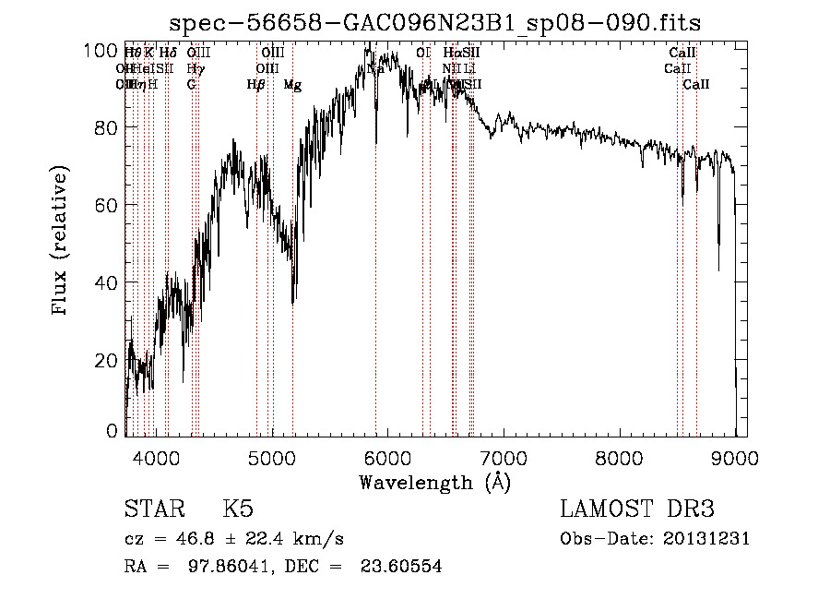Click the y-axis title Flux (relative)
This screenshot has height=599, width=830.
pyautogui.click(x=62, y=242)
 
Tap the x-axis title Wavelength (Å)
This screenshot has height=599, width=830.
pyautogui.click(x=434, y=482)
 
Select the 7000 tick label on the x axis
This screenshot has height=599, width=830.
pyautogui.click(x=503, y=456)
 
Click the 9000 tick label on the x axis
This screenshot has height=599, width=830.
pyautogui.click(x=735, y=456)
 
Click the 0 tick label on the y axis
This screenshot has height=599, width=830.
pyautogui.click(x=115, y=431)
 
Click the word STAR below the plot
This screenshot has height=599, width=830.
pyautogui.click(x=154, y=509)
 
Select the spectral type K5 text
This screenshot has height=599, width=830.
pyautogui.click(x=237, y=509)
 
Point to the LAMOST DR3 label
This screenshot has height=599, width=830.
pyautogui.click(x=636, y=509)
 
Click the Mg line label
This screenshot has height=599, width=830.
pyautogui.click(x=292, y=85)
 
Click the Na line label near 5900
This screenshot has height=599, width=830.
pyautogui.click(x=375, y=69)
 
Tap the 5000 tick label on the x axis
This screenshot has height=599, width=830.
pyautogui.click(x=271, y=456)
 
